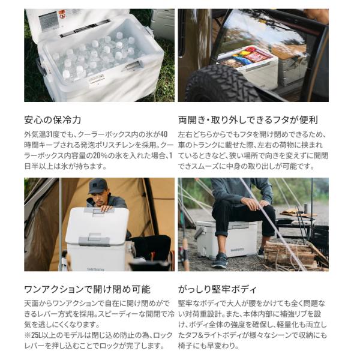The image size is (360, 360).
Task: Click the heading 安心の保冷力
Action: [53, 120]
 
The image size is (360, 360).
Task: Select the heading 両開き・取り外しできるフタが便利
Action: [248, 120]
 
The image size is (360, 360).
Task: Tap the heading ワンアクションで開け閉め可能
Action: [87, 289]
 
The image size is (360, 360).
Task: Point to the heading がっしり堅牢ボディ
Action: [217, 289]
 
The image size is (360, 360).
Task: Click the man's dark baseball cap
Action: [97, 186]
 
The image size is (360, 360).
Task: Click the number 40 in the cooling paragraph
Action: [164, 134]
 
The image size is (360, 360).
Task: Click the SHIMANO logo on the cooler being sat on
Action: [237, 250]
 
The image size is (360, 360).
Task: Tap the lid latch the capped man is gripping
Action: [100, 210]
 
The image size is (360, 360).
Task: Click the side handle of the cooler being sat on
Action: [199, 232]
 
